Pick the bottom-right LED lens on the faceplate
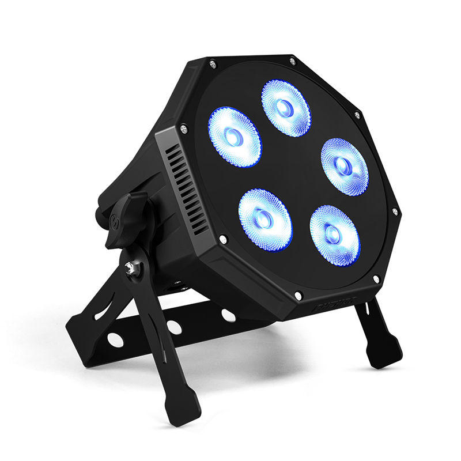pos(334,235)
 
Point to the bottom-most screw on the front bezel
pos(298,296)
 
